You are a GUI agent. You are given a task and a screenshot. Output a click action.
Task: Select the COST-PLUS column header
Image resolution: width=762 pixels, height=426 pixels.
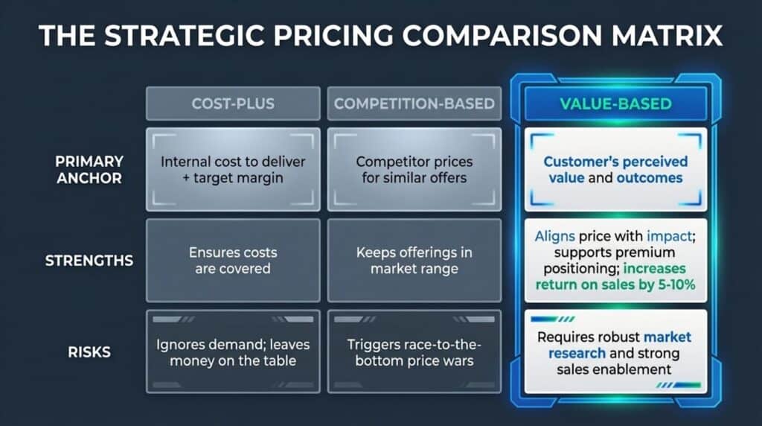(x=233, y=104)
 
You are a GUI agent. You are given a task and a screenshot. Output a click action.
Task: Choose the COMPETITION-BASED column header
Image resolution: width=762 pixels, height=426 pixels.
(x=414, y=104)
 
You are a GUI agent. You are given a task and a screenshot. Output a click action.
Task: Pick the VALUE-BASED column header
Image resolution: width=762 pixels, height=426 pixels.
(x=615, y=104)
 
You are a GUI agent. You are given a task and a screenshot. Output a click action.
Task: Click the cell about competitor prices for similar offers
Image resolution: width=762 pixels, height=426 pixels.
(x=414, y=171)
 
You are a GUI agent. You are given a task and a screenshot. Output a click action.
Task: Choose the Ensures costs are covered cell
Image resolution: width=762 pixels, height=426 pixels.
(x=233, y=261)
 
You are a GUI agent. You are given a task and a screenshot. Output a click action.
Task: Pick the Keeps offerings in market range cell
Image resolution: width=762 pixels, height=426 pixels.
(x=414, y=261)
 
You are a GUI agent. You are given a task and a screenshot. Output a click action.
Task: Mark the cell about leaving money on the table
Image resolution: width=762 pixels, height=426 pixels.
(x=233, y=352)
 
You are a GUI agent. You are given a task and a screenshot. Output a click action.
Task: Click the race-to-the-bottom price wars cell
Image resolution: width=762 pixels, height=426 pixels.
(x=414, y=352)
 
